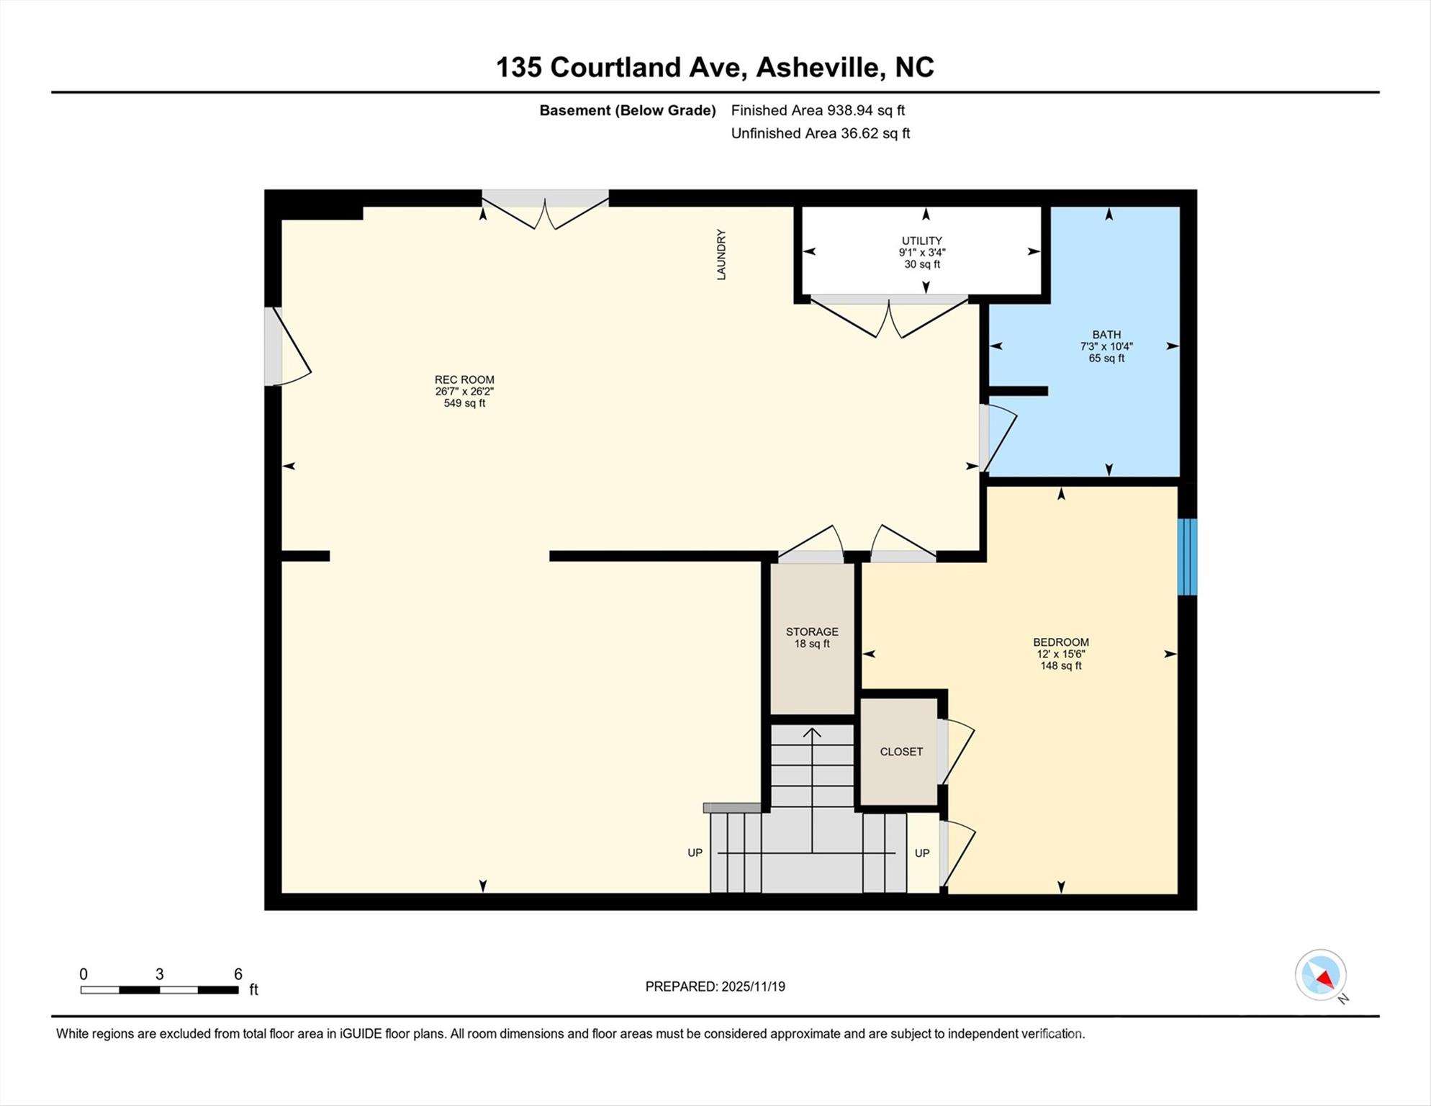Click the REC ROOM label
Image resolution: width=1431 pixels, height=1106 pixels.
(464, 379)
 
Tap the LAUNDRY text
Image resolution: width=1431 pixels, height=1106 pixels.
(721, 254)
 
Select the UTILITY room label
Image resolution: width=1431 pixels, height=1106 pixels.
(922, 240)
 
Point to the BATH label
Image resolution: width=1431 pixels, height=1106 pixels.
(1106, 334)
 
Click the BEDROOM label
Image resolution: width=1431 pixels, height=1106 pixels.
(1061, 642)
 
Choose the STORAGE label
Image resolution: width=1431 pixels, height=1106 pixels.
(812, 631)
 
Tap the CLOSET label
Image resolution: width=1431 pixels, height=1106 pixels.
(901, 752)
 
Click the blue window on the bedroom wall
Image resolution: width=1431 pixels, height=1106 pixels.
(1187, 557)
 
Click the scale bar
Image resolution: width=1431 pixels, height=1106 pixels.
(159, 990)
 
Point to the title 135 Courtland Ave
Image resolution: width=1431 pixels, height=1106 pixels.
(618, 67)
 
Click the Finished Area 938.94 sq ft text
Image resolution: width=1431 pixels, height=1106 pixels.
(818, 110)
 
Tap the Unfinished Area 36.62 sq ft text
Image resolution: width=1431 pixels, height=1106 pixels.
(821, 133)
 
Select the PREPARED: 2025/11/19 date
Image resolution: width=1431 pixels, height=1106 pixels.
(715, 986)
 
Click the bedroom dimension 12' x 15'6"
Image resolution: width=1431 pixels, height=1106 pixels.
(1061, 654)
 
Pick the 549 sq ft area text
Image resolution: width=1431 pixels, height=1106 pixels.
(464, 403)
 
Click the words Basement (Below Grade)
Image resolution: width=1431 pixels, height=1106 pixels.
(628, 110)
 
